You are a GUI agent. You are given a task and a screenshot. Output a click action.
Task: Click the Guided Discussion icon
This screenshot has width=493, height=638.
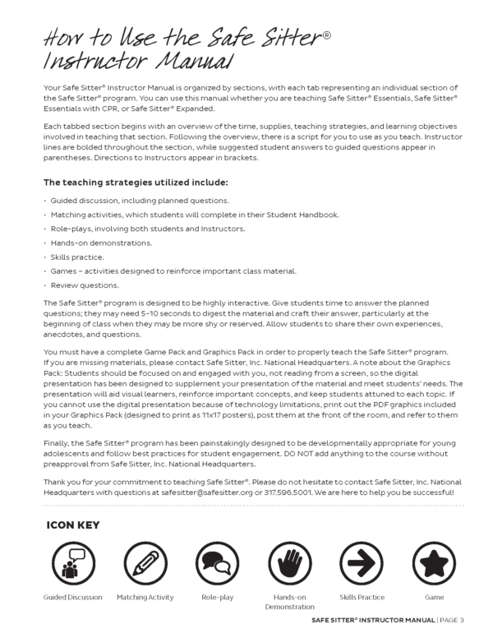click(x=72, y=563)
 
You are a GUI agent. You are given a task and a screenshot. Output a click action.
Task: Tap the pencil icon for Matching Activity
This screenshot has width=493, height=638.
click(x=145, y=563)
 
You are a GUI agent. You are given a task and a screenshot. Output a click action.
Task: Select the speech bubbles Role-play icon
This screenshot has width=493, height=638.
click(x=217, y=563)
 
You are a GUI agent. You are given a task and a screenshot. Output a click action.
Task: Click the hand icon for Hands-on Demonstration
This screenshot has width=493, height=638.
click(x=289, y=563)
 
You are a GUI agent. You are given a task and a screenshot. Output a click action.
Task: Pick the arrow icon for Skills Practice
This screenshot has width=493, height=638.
click(x=362, y=563)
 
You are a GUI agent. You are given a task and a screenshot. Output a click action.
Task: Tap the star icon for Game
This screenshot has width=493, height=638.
click(x=434, y=563)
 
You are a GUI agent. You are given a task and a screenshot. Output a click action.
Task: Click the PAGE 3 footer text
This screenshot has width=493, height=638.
click(x=451, y=620)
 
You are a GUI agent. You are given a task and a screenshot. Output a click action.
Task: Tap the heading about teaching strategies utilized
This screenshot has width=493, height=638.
click(x=136, y=183)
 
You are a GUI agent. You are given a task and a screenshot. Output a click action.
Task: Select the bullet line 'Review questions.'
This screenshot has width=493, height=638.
click(x=85, y=285)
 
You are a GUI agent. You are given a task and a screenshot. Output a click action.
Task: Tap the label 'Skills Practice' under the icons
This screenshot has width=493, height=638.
click(x=362, y=598)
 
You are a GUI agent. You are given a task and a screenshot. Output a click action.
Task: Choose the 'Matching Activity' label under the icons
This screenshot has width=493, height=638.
click(x=145, y=598)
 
